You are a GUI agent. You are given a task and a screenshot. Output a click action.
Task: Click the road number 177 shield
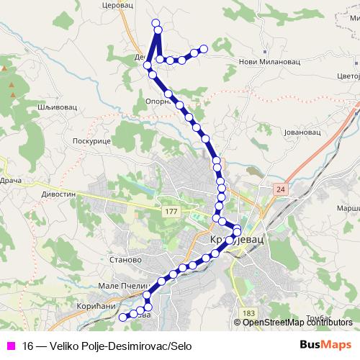tap(171, 210)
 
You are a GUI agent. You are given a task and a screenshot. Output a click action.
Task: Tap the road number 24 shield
tap(279, 188)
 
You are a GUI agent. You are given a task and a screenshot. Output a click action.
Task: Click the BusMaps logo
tap(325, 346)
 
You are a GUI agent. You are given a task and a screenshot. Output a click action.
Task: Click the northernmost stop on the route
tap(156, 24)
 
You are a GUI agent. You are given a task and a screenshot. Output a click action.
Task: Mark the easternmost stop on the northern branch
tap(203, 49)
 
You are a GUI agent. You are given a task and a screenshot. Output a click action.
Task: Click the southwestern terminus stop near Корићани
tap(122, 316)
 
